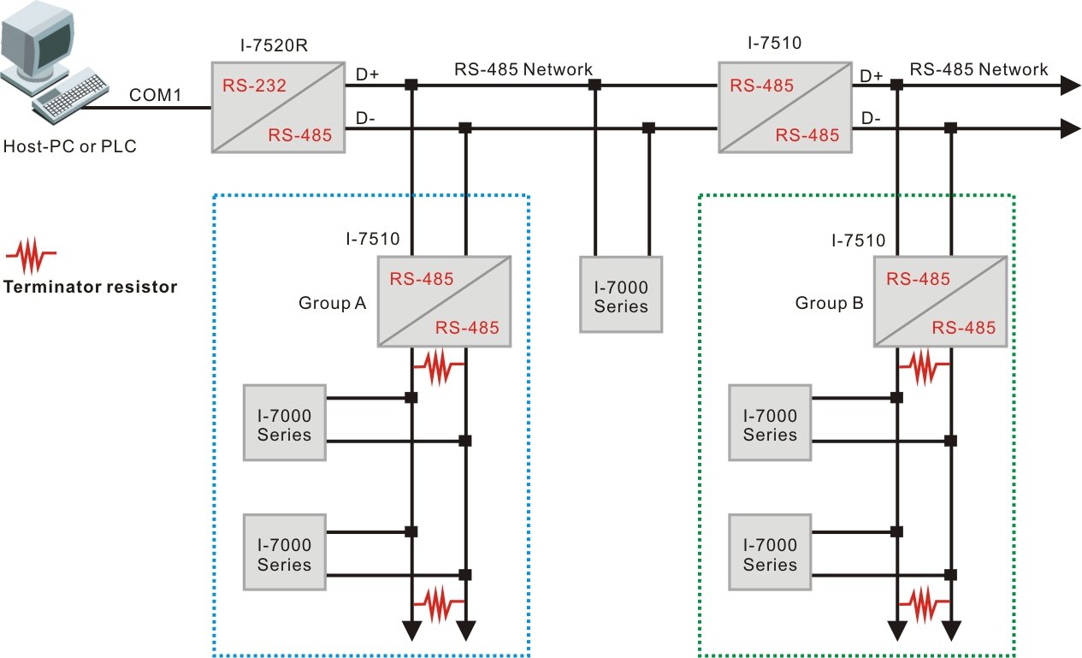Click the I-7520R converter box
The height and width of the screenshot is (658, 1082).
[278, 107]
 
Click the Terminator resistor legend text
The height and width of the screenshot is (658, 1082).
[90, 287]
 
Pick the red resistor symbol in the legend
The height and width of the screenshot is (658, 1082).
[32, 254]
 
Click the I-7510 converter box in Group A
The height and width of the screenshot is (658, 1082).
[444, 301]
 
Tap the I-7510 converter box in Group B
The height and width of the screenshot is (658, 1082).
[940, 301]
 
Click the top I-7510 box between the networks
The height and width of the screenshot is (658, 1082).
[784, 108]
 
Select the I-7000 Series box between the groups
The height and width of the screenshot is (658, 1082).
[621, 293]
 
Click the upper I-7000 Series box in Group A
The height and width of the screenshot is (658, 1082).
[284, 422]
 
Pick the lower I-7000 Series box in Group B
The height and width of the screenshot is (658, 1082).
[769, 552]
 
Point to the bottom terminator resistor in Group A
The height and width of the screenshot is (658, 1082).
[438, 603]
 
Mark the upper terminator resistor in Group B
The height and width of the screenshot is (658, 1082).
[924, 367]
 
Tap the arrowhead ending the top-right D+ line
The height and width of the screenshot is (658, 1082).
[1068, 85]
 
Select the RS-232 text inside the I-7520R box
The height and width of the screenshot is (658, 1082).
[253, 86]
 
